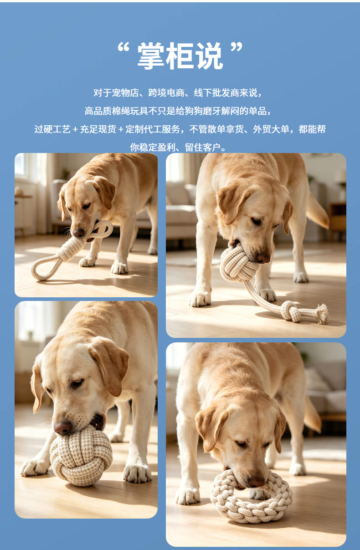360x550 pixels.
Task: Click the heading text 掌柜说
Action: pos(180,56)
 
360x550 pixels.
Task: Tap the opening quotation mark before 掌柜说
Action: pos(123,47)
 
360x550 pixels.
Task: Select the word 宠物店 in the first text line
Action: pos(125,93)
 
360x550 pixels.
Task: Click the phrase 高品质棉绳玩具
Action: pos(117,111)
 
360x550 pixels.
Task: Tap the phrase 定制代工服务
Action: pos(153,129)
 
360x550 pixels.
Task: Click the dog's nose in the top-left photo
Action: pos(78,233)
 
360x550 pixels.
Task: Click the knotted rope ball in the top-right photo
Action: pos(237,265)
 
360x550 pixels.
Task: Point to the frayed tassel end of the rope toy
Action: pos(322,314)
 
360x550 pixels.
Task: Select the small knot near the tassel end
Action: pos(291,311)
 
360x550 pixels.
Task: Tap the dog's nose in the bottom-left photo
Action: pos(62,428)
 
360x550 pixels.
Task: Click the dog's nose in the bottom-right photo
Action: pos(257,483)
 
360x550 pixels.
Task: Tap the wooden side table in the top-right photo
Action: pos(338,219)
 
